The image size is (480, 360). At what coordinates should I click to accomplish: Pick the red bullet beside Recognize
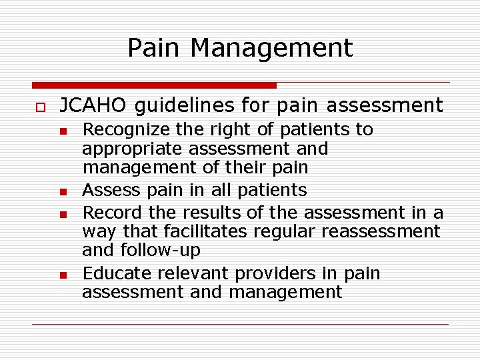tap(63, 131)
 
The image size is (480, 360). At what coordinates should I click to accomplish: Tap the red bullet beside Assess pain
tap(63, 192)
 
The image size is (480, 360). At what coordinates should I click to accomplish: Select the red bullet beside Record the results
tap(63, 213)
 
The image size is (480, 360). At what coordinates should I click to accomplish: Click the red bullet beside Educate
tap(63, 275)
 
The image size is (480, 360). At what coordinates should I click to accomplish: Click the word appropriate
tap(133, 149)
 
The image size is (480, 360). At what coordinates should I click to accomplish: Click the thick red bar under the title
tap(154, 85)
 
